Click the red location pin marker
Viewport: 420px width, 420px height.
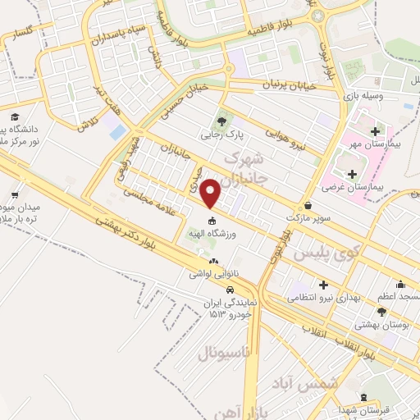click(x=212, y=193)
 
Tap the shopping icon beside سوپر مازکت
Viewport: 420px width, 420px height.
click(x=308, y=206)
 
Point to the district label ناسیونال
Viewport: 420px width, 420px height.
click(x=226, y=354)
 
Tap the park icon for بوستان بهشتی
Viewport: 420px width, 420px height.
click(x=381, y=311)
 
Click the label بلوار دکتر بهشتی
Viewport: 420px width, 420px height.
click(x=122, y=231)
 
